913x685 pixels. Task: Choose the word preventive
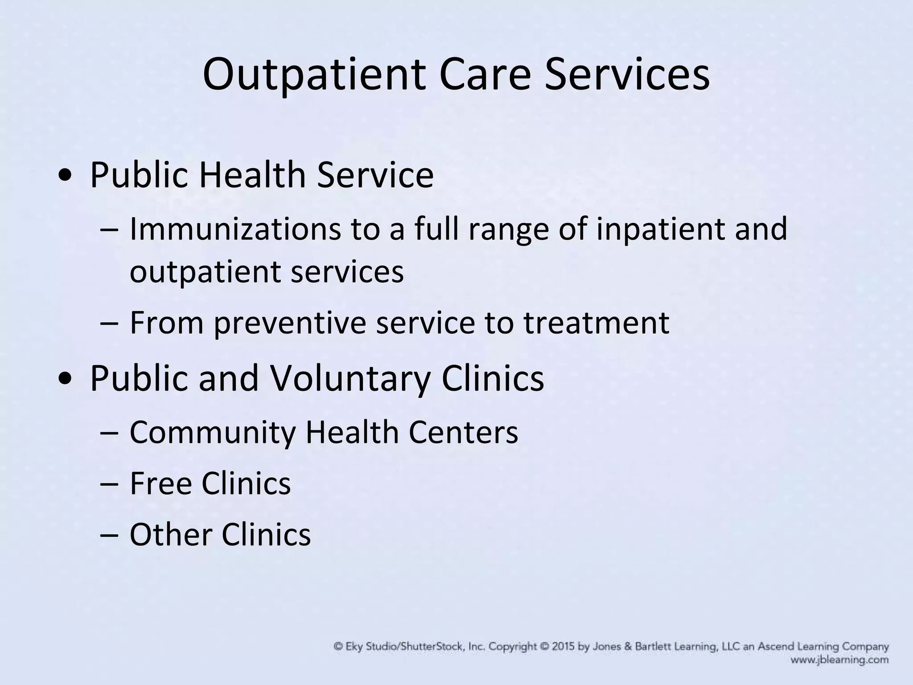coord(289,323)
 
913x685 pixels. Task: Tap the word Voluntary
coord(350,379)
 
